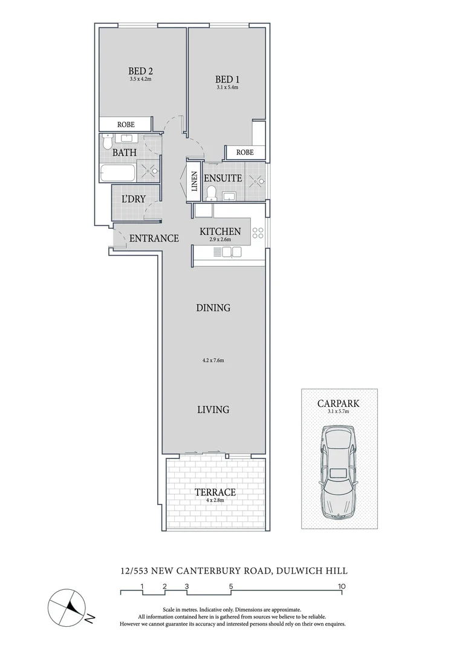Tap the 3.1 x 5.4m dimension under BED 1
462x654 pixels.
click(227, 88)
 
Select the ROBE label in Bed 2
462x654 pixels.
click(126, 124)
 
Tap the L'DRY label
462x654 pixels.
click(134, 199)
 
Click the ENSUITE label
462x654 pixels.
click(223, 179)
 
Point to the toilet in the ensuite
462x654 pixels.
click(211, 193)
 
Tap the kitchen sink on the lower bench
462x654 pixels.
click(228, 255)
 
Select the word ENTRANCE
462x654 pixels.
click(154, 239)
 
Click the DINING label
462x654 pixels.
click(213, 308)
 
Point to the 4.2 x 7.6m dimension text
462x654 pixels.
click(213, 361)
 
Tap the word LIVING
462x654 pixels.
click(213, 410)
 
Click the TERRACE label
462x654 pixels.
click(215, 492)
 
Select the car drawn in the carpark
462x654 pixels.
click(339, 472)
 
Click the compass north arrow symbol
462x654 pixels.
click(71, 607)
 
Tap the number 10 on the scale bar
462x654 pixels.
click(342, 586)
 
